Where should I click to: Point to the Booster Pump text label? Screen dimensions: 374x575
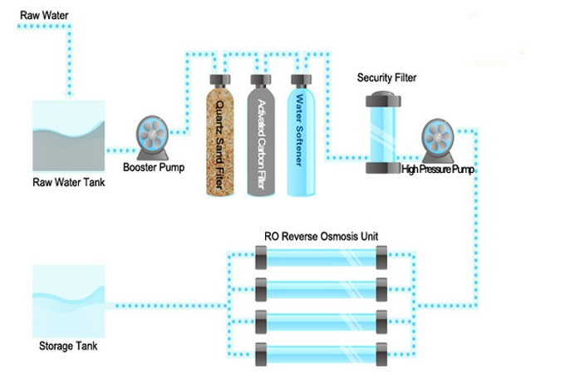pos(154,166)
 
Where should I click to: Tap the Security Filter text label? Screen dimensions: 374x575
pos(386,78)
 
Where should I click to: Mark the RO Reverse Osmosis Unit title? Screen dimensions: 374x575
pos(321,237)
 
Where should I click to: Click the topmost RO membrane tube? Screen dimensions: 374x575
pos(321,258)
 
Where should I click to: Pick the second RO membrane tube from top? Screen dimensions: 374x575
pos(321,289)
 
